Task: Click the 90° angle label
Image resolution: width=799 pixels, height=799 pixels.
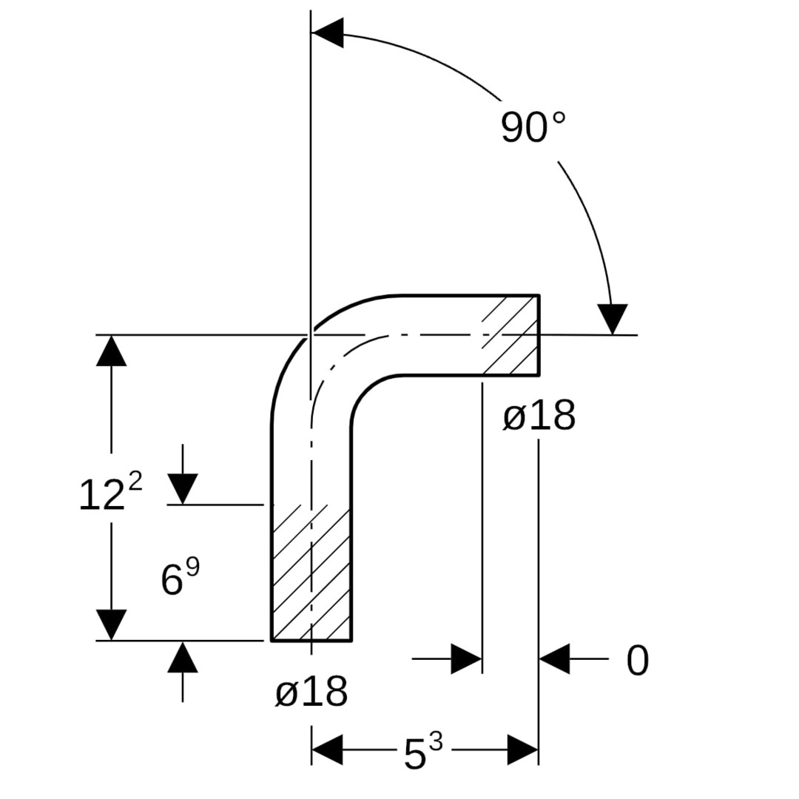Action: [x=533, y=127]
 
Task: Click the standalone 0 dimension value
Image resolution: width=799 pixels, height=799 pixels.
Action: [x=637, y=661]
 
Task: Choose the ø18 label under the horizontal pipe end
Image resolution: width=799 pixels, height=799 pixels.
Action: [x=539, y=417]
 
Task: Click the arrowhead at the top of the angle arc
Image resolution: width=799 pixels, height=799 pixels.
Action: [x=328, y=33]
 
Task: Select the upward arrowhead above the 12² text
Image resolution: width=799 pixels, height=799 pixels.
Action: [x=111, y=351]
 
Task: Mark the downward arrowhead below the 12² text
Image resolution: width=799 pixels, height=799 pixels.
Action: [x=111, y=624]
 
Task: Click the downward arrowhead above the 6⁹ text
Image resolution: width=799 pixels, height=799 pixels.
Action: [x=183, y=488]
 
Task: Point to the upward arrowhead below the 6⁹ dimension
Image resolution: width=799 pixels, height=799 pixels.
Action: [x=183, y=657]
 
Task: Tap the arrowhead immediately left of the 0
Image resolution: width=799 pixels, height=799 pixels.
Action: [x=555, y=658]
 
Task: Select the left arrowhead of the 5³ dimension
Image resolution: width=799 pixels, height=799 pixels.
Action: [x=328, y=750]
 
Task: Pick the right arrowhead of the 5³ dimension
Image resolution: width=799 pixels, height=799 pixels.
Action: [x=522, y=750]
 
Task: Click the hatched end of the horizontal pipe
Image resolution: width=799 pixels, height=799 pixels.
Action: [x=510, y=335]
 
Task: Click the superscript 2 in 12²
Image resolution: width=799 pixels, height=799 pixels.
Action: [x=135, y=482]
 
